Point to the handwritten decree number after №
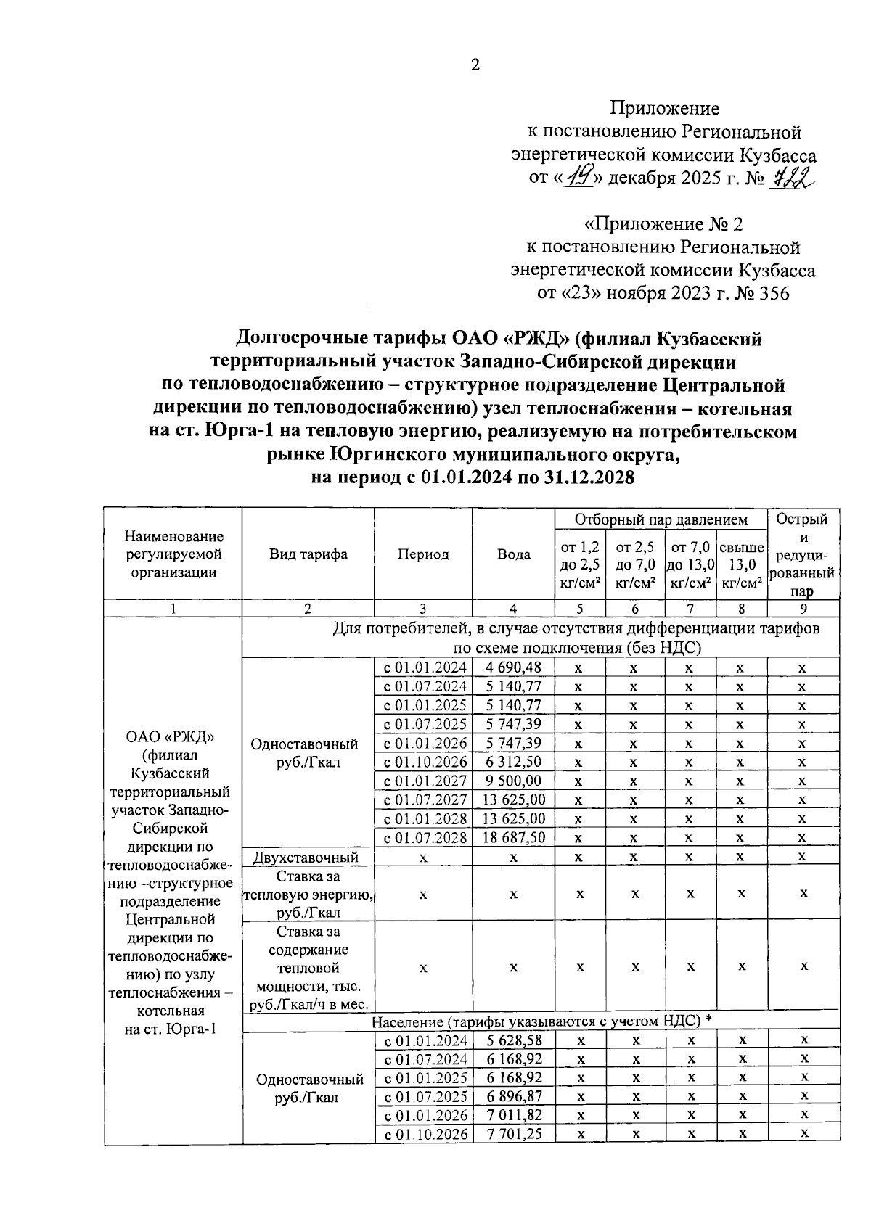coord(790,176)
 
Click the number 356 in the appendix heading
coord(771,294)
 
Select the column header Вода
coord(513,554)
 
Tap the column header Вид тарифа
coord(308,554)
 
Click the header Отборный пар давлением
coord(661,519)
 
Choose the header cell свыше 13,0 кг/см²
coord(741,565)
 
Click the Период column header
coord(423,554)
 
